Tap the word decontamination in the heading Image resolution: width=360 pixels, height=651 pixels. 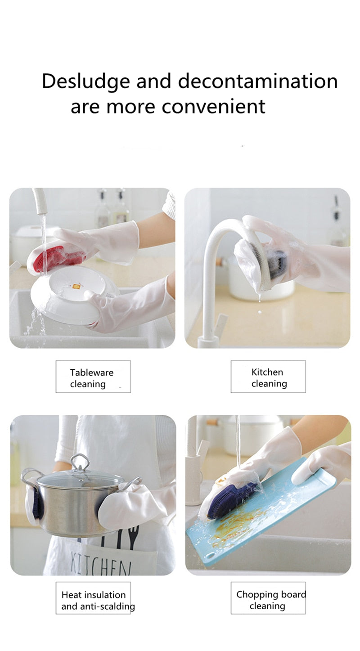(257, 82)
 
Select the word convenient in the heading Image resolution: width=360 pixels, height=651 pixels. (213, 107)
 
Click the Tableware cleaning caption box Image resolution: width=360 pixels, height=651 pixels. (93, 377)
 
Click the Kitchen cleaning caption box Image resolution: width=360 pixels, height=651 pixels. (268, 377)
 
